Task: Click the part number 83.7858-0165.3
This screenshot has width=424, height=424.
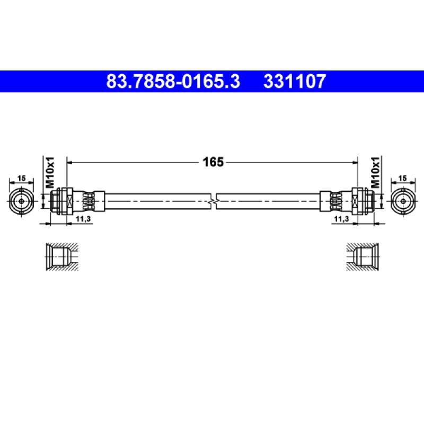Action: (x=173, y=81)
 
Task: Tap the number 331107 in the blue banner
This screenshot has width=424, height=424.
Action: (x=295, y=81)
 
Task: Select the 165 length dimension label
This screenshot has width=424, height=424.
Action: (x=213, y=162)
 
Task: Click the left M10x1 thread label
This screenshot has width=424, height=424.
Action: (x=50, y=172)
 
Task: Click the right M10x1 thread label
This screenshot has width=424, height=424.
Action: (x=375, y=172)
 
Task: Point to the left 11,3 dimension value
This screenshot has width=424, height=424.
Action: (x=83, y=219)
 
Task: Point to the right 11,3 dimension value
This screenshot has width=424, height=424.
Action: (x=342, y=219)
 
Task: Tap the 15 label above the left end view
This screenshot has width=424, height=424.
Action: (x=21, y=178)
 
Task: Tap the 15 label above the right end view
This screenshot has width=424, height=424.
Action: (x=403, y=178)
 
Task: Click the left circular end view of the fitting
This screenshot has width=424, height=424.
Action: (x=21, y=201)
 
